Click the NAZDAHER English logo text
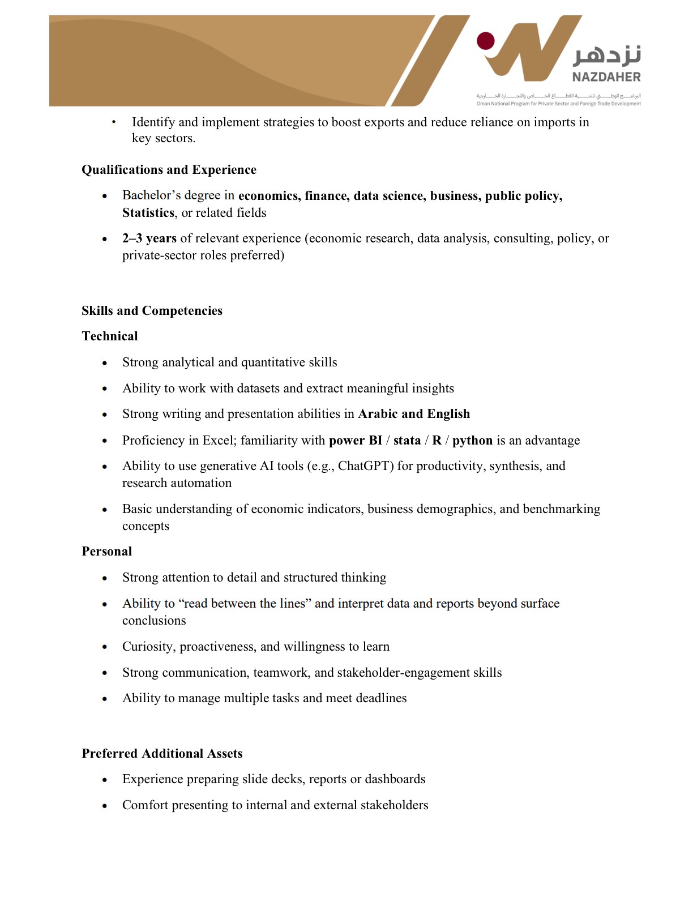point(606,77)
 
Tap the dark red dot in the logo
point(486,41)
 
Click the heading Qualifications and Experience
point(169,170)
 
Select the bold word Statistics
point(148,213)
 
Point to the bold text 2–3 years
point(149,238)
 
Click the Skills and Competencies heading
point(152,311)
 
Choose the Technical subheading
point(110,336)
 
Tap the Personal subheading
point(106,552)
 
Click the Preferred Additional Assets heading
point(162,754)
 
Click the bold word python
point(472,441)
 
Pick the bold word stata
point(407,441)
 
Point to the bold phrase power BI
point(356,441)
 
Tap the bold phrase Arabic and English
point(414,414)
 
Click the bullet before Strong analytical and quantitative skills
point(105,364)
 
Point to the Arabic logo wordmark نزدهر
point(607,55)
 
